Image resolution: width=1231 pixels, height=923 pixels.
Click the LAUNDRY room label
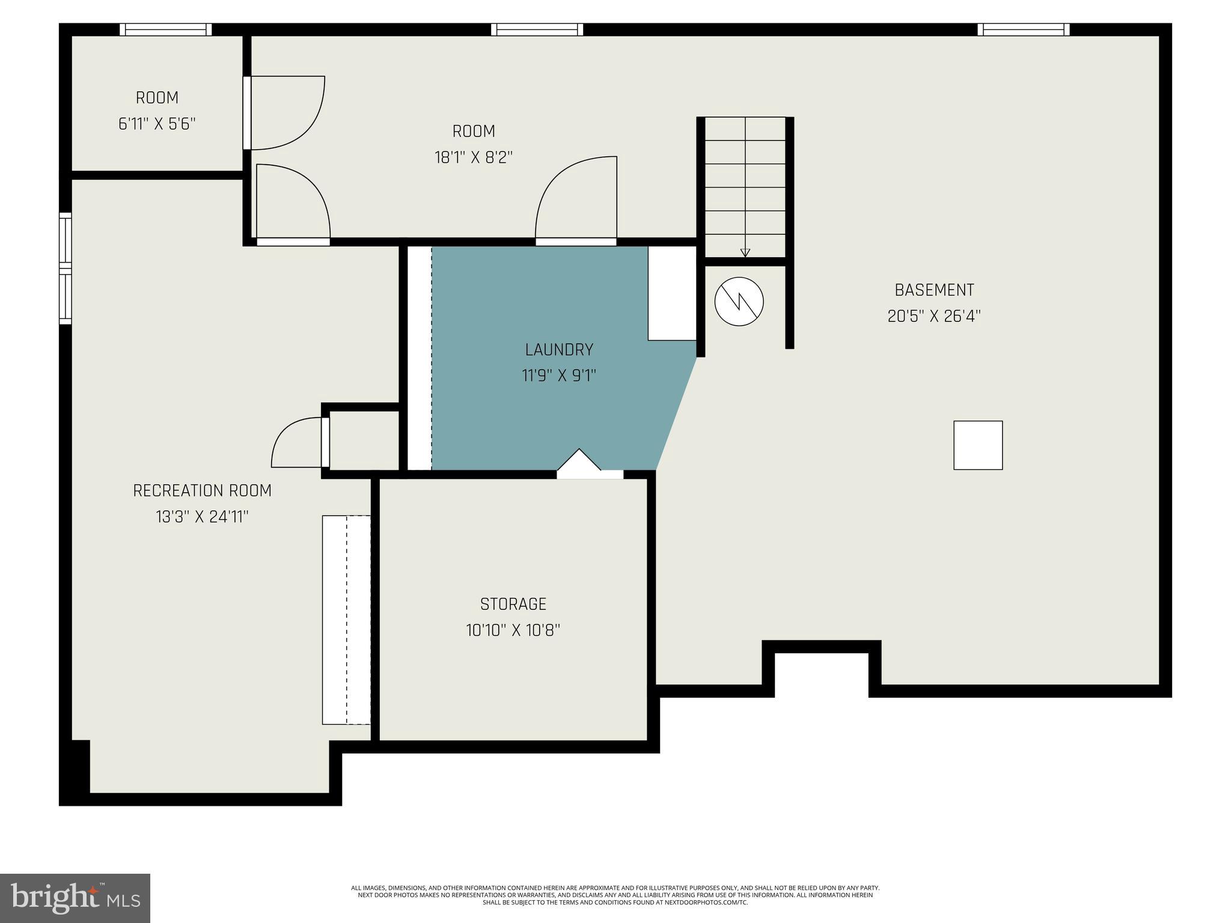(x=558, y=349)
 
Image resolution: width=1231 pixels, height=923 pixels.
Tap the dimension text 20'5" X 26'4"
(x=933, y=316)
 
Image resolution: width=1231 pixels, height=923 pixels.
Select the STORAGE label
(x=513, y=604)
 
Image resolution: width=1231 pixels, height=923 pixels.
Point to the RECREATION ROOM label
(x=202, y=490)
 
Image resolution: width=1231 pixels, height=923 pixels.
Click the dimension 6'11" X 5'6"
(x=157, y=124)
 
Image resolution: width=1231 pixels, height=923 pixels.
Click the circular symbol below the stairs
(x=739, y=302)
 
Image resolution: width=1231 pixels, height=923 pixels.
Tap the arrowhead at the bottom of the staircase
(x=745, y=253)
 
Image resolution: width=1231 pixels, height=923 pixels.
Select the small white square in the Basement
(x=978, y=445)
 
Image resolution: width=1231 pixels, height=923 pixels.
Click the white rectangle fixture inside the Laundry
(x=671, y=293)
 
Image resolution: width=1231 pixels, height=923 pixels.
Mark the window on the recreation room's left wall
(x=65, y=268)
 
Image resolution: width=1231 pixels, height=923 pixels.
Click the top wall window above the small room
(x=166, y=29)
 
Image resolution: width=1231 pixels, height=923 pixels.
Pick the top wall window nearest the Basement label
(x=1023, y=29)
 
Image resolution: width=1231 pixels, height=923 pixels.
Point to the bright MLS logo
(x=75, y=898)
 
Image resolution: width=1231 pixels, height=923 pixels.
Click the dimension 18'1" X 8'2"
(x=474, y=157)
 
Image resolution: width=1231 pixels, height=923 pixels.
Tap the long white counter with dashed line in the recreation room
(x=346, y=620)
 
